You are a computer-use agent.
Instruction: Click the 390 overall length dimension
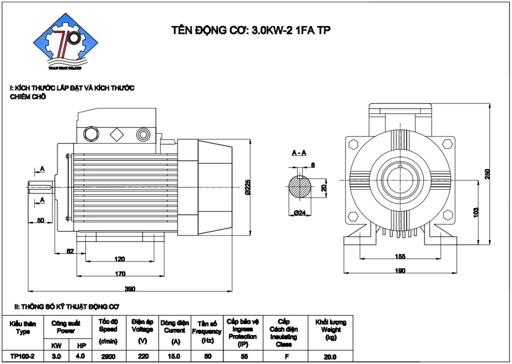pos(129,288)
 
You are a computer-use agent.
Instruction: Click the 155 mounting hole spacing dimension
pos(399,256)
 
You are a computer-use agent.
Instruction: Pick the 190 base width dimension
pos(399,270)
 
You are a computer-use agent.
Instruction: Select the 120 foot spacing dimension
pos(119,259)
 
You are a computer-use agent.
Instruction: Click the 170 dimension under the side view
pos(119,273)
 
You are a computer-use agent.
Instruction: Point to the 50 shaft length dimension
pos(41,220)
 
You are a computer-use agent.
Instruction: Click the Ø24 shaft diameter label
pos(299,213)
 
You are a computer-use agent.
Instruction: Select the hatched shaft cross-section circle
pos(300,189)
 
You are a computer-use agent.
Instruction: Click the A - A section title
pos(299,153)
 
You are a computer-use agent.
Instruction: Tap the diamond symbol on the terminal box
pos(117,133)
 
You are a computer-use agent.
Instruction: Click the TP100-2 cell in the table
pos(22,356)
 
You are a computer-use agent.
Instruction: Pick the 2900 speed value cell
pos(108,356)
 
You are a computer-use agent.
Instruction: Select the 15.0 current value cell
pos(174,356)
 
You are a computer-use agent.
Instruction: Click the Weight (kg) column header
pos(330,329)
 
